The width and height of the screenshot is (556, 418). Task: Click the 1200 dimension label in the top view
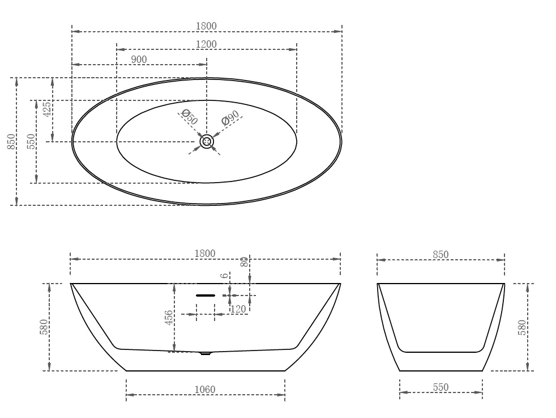click(x=206, y=44)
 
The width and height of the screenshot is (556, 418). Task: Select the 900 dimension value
click(x=139, y=60)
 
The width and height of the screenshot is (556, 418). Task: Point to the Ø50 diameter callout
click(x=189, y=117)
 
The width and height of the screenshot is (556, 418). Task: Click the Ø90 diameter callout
click(x=230, y=118)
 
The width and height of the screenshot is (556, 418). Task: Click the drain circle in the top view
click(x=207, y=142)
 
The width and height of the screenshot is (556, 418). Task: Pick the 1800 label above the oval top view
click(x=206, y=26)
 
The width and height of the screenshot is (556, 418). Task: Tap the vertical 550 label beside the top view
click(x=31, y=142)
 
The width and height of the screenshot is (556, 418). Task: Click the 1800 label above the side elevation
click(x=205, y=254)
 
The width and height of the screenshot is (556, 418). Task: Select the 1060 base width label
click(x=205, y=389)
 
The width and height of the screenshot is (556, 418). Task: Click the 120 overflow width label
click(x=238, y=309)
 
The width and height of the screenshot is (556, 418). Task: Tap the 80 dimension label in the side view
click(x=244, y=261)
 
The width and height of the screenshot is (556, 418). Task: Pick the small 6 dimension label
click(x=225, y=276)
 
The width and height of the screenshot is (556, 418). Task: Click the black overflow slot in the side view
click(x=206, y=295)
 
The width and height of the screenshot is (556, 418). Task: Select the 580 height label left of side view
click(x=44, y=327)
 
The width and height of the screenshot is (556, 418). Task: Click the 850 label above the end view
click(x=440, y=255)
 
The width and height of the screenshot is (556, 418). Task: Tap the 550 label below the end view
click(x=440, y=387)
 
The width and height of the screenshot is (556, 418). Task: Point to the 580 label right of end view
click(x=522, y=327)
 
